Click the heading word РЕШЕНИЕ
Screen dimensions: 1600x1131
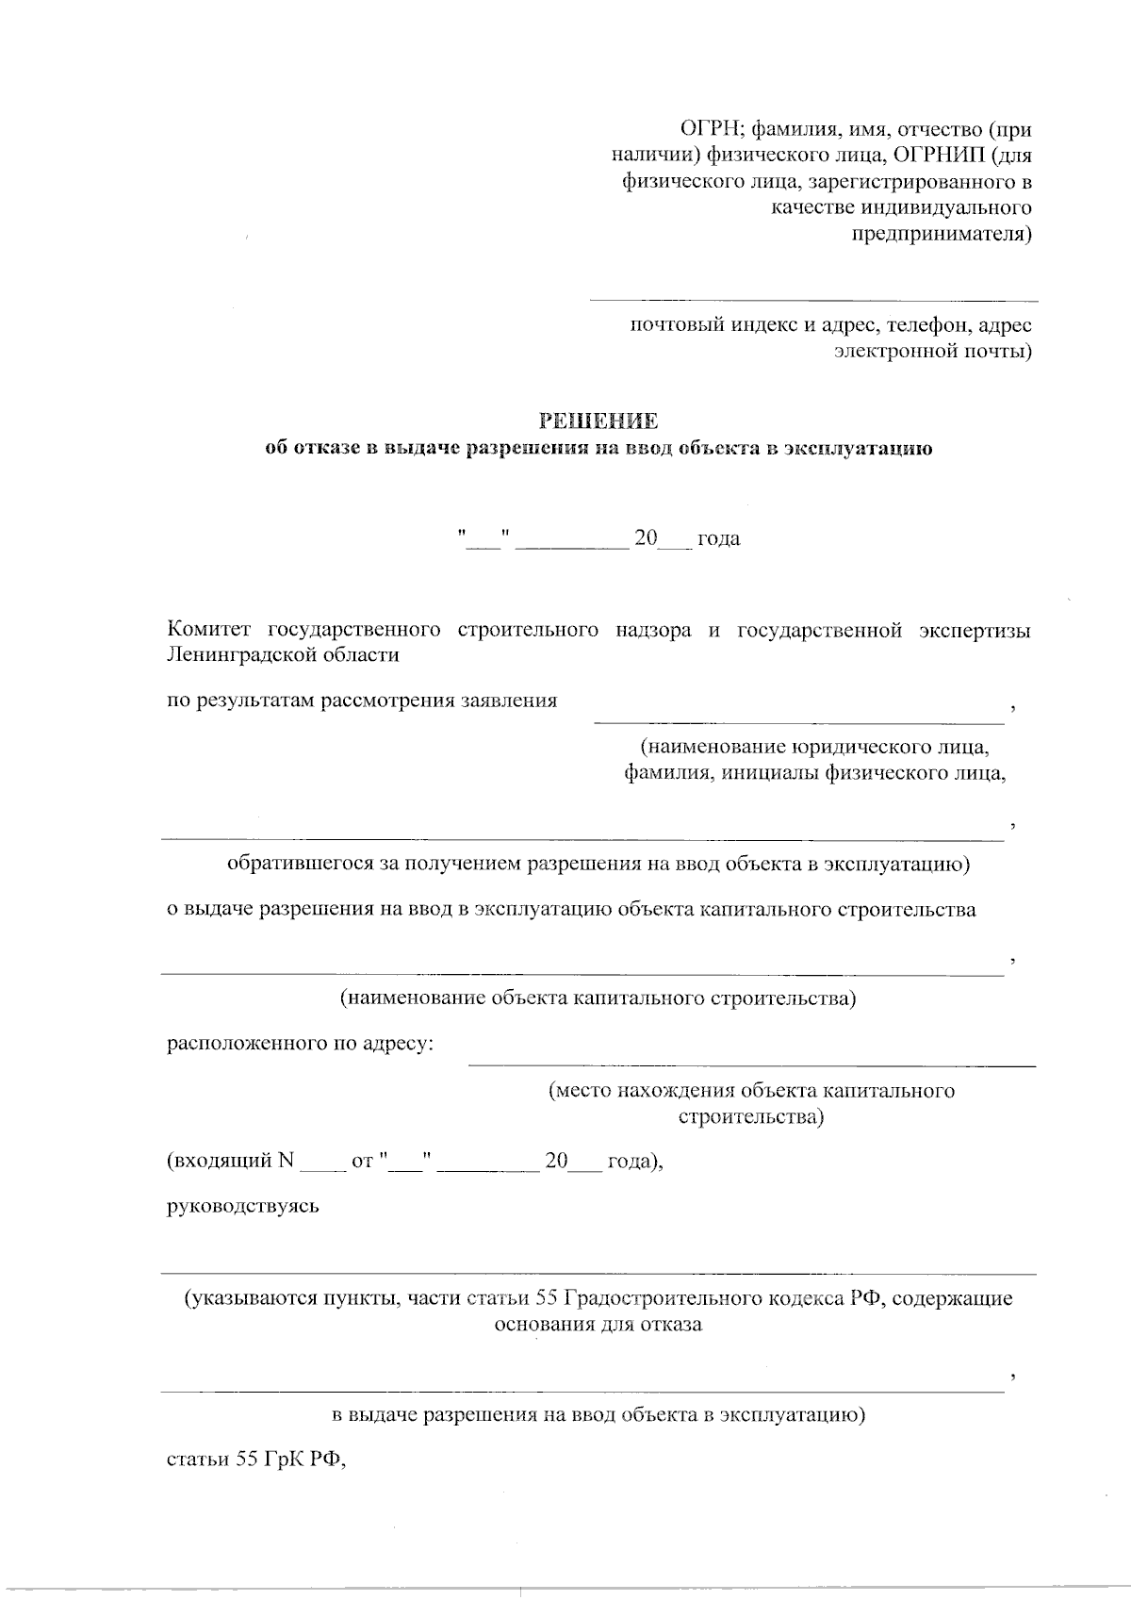click(x=598, y=421)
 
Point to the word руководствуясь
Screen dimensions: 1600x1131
click(x=243, y=1206)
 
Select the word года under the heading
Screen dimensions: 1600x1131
click(x=718, y=539)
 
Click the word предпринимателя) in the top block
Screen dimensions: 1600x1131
click(x=942, y=233)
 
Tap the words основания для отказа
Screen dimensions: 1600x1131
click(x=598, y=1324)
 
